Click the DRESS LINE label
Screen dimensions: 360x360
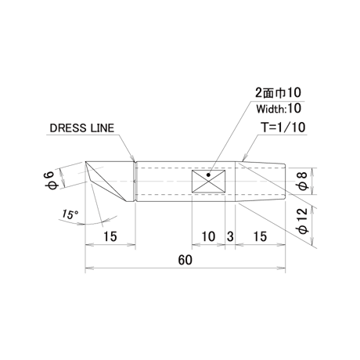coord(82,128)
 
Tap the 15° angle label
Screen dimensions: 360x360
coord(70,214)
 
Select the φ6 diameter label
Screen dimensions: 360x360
coord(52,181)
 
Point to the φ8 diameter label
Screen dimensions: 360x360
coord(302,182)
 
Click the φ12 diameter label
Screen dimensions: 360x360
coord(302,221)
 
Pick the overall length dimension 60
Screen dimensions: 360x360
coord(185,260)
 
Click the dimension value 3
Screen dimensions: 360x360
coord(230,236)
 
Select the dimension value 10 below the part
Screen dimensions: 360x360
coord(208,236)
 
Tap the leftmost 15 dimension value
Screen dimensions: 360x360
coord(110,236)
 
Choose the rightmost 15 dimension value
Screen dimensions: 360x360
coord(260,236)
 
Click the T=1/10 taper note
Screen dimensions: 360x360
coord(283,128)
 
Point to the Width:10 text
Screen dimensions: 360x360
coord(279,109)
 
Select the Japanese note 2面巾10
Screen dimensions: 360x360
coord(278,92)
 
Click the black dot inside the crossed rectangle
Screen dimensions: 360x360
coord(208,175)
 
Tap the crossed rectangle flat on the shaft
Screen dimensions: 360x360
coord(208,182)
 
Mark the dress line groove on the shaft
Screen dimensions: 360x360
coord(135,182)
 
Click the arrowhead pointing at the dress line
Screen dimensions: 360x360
coord(133,158)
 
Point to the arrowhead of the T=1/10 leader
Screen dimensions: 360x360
coord(244,158)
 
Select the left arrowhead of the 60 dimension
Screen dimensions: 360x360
coord(89,268)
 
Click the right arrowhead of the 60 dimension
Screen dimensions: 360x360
coord(281,268)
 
